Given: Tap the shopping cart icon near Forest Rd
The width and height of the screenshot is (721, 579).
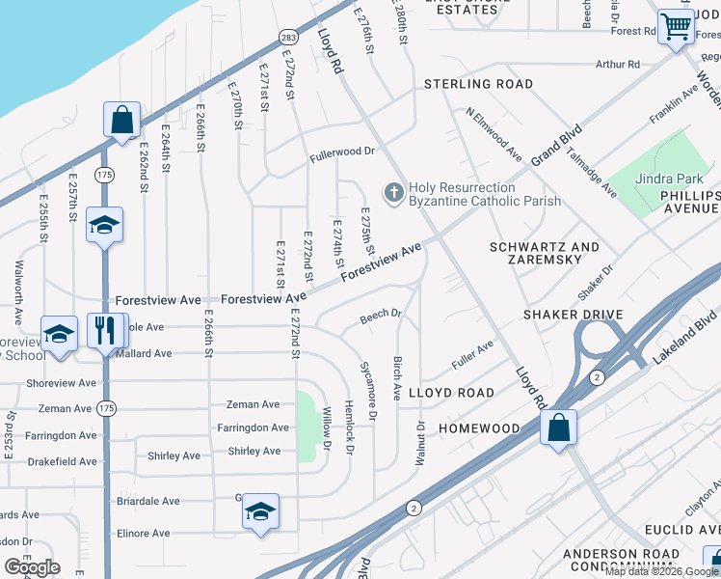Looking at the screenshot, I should tap(677, 27).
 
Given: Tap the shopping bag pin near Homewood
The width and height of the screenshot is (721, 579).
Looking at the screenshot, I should tap(558, 427).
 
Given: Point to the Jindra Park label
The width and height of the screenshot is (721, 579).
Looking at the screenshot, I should tap(670, 179).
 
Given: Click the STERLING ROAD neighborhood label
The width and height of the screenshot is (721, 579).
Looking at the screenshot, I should tap(478, 85).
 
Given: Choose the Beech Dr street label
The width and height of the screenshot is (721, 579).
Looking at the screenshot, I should tap(380, 315).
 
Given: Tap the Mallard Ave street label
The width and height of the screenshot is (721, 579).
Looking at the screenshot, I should tap(144, 354).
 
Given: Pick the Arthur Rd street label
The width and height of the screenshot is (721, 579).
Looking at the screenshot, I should tap(618, 65).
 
